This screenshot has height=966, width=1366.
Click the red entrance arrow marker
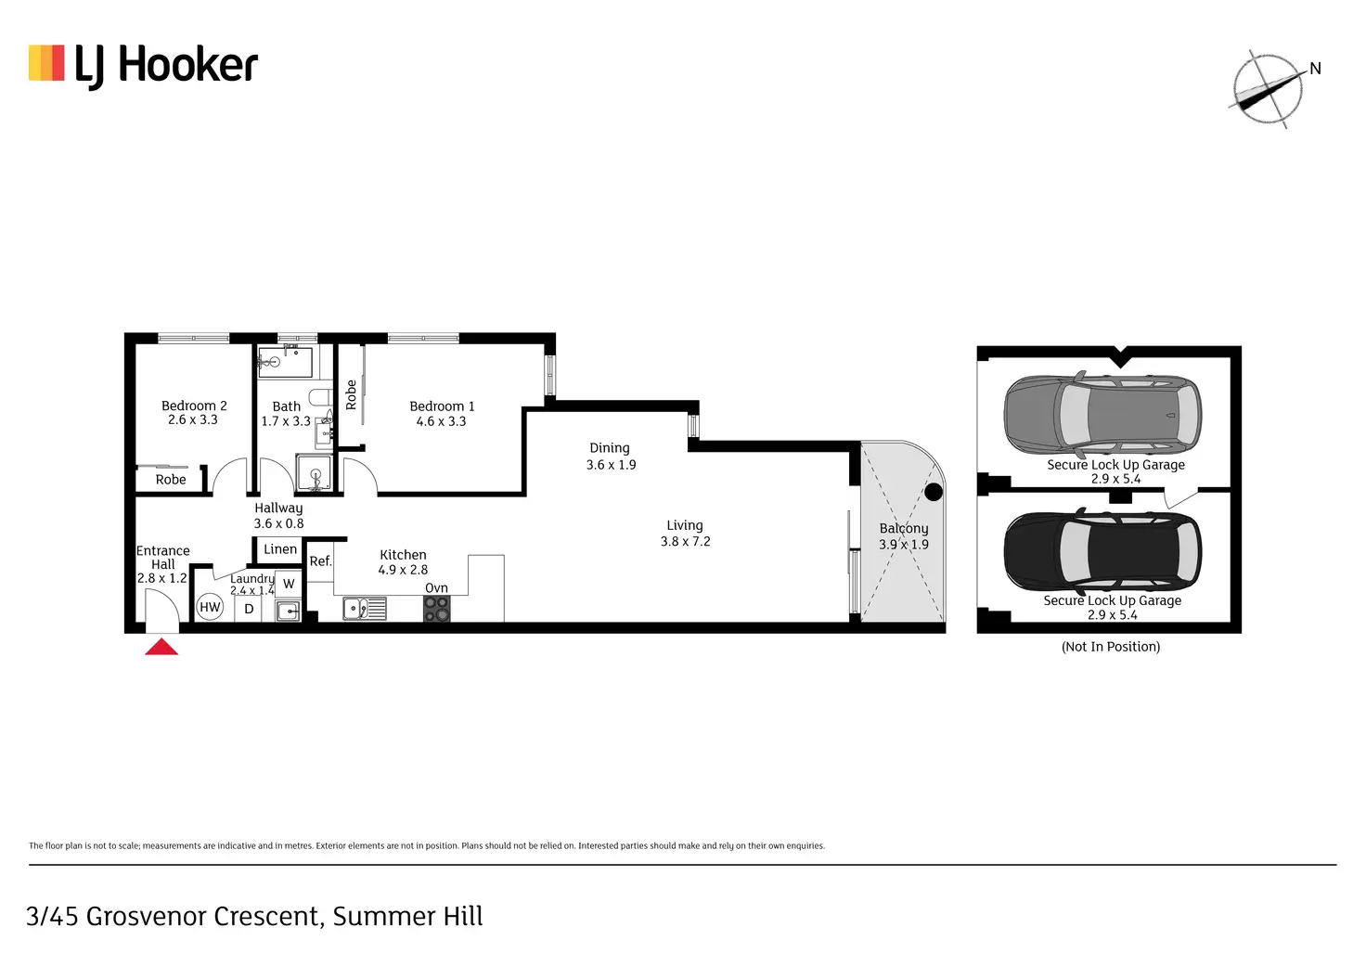pyautogui.click(x=161, y=647)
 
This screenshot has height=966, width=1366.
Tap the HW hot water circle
pyautogui.click(x=211, y=608)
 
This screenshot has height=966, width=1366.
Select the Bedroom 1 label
pyautogui.click(x=442, y=406)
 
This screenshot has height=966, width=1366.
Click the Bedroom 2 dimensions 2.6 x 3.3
pyautogui.click(x=193, y=420)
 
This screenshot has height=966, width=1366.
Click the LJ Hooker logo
pyautogui.click(x=143, y=65)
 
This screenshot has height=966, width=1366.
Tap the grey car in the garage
pyautogui.click(x=1102, y=414)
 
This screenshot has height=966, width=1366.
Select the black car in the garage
pyautogui.click(x=1102, y=550)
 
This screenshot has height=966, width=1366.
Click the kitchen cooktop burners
pyautogui.click(x=437, y=609)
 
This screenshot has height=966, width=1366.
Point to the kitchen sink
pyautogui.click(x=364, y=609)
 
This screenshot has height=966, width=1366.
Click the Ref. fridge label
pyautogui.click(x=320, y=561)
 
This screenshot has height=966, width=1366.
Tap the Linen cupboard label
pyautogui.click(x=280, y=549)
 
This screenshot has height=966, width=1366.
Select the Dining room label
pyautogui.click(x=610, y=448)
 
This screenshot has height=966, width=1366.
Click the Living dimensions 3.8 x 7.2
pyautogui.click(x=685, y=542)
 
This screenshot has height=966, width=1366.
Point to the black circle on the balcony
pyautogui.click(x=934, y=492)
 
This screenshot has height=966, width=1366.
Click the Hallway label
pyautogui.click(x=278, y=509)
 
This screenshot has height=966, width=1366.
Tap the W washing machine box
pyautogui.click(x=289, y=584)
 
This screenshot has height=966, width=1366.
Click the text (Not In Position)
pyautogui.click(x=1111, y=647)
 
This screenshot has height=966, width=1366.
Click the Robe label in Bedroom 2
pyautogui.click(x=171, y=480)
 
